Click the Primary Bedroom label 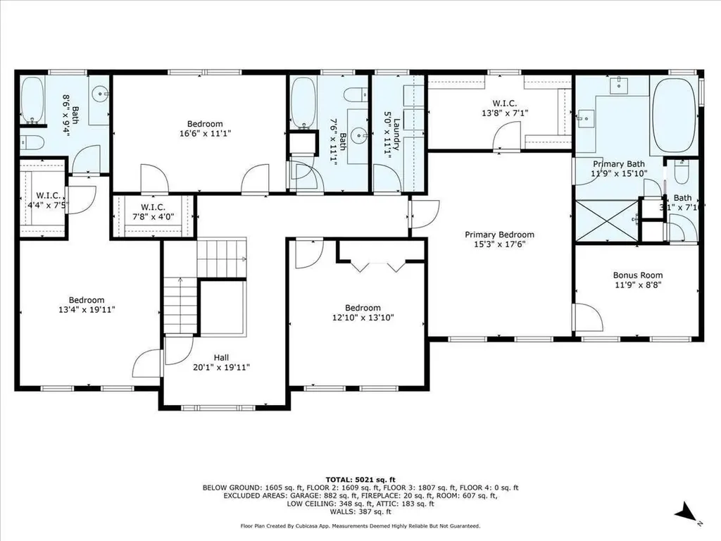499,235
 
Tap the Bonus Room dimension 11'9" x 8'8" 637,285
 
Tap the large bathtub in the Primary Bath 674,116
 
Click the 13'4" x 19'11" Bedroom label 87,304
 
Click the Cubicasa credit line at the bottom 360,526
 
